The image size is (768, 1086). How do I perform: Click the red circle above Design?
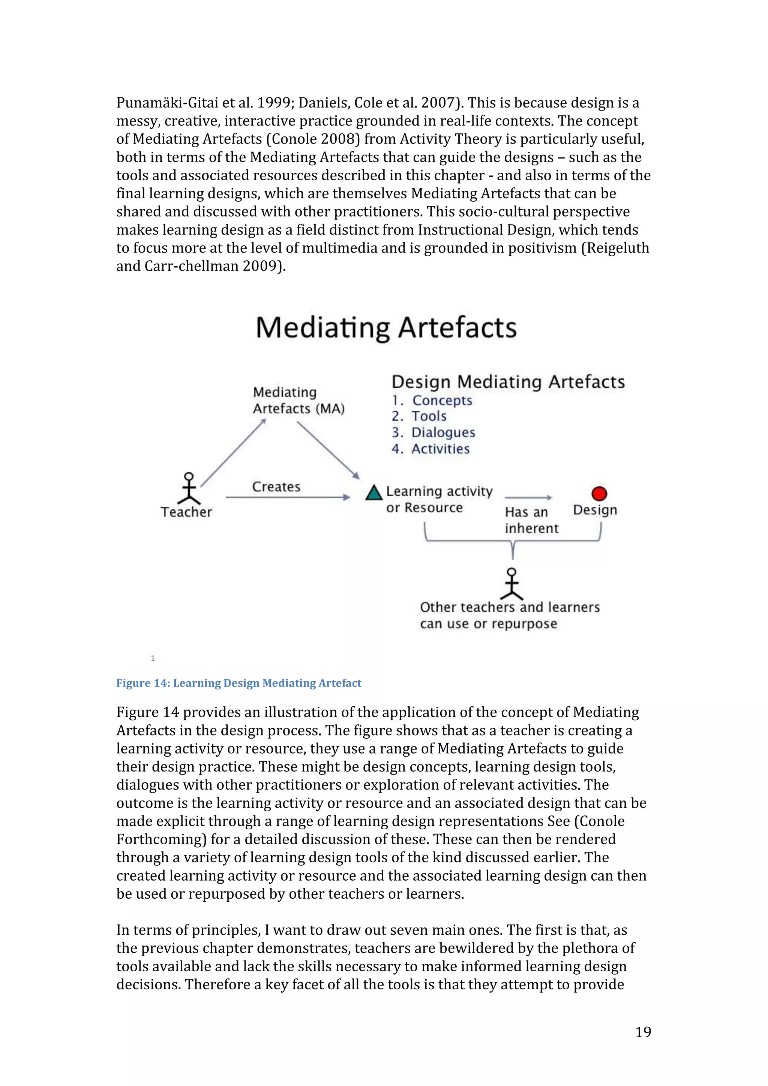[x=599, y=493]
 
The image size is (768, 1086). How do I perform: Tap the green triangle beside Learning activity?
[x=374, y=493]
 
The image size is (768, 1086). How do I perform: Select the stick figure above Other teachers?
[x=511, y=584]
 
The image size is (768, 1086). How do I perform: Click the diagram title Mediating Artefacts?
[x=386, y=328]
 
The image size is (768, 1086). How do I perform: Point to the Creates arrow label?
[x=276, y=486]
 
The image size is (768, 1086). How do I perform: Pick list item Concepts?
[x=442, y=400]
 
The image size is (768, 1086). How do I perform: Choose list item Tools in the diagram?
[x=429, y=416]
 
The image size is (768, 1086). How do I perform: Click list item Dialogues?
[x=443, y=432]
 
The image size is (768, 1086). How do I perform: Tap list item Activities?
[x=440, y=449]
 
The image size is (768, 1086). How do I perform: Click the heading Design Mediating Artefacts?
[x=508, y=382]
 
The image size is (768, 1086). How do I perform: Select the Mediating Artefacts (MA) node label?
[x=298, y=400]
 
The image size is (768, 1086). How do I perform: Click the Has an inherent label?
[x=531, y=520]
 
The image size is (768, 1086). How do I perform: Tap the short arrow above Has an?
[x=528, y=498]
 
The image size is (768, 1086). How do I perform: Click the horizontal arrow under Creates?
[x=288, y=498]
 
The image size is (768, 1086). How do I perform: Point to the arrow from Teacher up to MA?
[x=233, y=453]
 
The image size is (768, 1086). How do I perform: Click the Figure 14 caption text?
[x=238, y=683]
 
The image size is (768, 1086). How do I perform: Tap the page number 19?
[x=643, y=1032]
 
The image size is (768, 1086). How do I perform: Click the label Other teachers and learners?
[x=510, y=607]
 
